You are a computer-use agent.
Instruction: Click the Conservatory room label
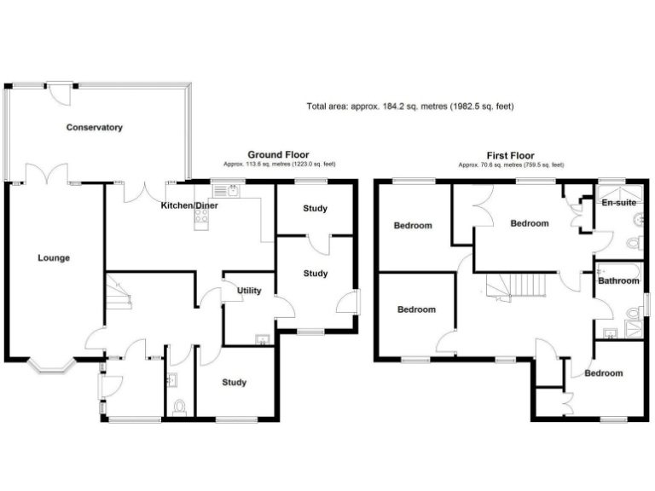pyautogui.click(x=95, y=128)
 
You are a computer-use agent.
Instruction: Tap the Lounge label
pyautogui.click(x=53, y=257)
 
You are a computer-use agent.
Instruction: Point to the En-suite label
pyautogui.click(x=617, y=204)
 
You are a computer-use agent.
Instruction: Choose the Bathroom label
pyautogui.click(x=617, y=280)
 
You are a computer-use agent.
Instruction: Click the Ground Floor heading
pyautogui.click(x=278, y=154)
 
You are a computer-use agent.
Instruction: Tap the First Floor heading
pyautogui.click(x=511, y=155)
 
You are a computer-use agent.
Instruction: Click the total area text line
pyautogui.click(x=409, y=107)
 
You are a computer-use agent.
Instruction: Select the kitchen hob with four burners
pyautogui.click(x=203, y=217)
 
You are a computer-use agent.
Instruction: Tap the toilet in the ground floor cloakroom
pyautogui.click(x=177, y=408)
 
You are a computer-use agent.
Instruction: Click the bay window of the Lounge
pyautogui.click(x=53, y=367)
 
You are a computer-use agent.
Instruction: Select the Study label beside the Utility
pyautogui.click(x=316, y=274)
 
